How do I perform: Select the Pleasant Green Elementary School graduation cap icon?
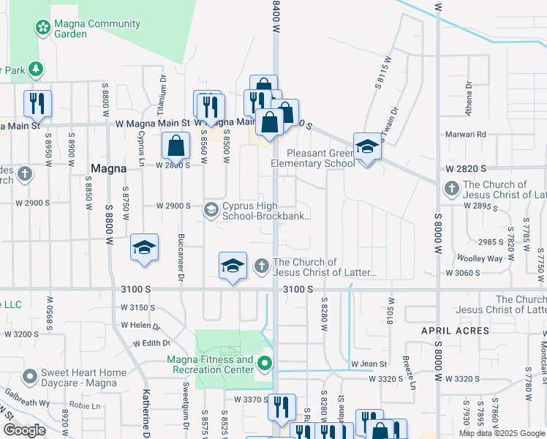click(367, 146)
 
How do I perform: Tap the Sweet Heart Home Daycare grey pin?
click(30, 378)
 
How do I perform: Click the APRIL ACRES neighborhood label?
click(455, 331)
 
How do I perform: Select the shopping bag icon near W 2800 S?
click(177, 146)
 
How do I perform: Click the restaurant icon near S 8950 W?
click(37, 104)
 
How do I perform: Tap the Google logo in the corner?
click(23, 430)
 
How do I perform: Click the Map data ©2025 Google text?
click(502, 433)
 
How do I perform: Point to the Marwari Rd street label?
click(466, 135)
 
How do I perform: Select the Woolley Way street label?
click(480, 258)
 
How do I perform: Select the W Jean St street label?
click(368, 364)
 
